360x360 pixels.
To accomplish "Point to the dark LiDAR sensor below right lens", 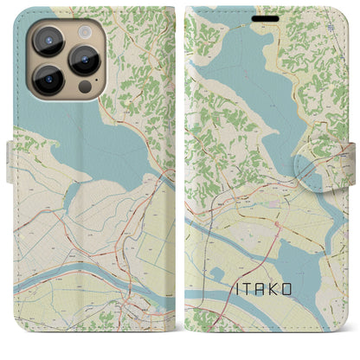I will tap(86, 87).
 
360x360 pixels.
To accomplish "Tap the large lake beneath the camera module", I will tap(95, 138).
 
